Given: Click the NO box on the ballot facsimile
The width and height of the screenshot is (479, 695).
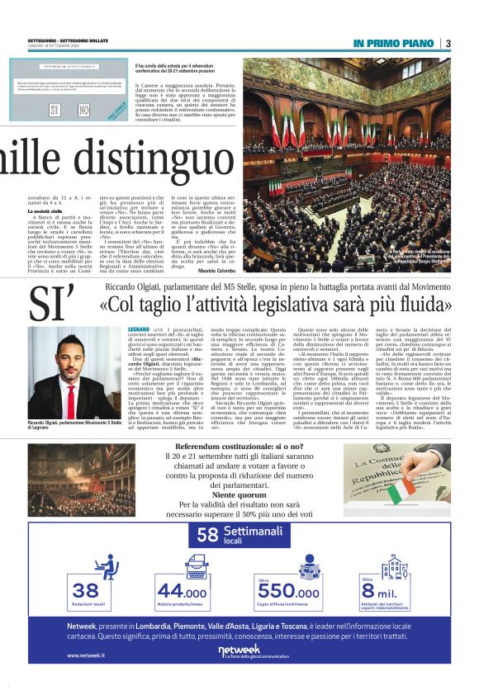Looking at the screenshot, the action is [x=83, y=108].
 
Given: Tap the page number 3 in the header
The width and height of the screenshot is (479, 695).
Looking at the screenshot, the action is [x=447, y=43].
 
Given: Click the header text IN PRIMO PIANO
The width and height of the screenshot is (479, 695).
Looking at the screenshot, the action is [x=394, y=43].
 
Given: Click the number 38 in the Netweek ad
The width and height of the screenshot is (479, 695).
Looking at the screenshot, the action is [x=86, y=589].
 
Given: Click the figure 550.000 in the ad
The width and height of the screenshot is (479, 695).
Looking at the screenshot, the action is [x=287, y=591].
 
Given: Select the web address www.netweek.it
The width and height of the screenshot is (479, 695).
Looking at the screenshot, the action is [x=85, y=655].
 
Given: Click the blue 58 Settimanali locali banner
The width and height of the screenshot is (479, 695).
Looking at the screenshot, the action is [x=239, y=534].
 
